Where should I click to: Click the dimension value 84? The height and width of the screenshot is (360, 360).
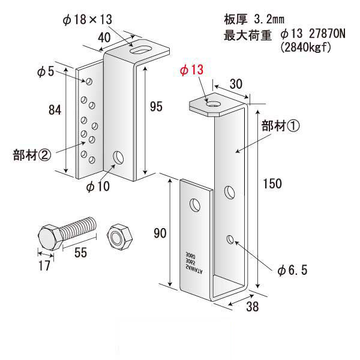click(x=55, y=110)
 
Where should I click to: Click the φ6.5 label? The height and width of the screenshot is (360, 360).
click(x=292, y=271)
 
